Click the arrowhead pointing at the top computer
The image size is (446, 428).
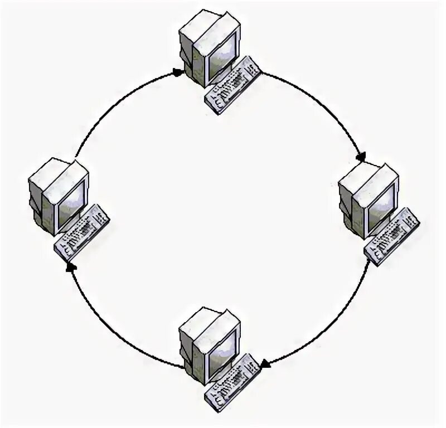coord(177,72)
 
